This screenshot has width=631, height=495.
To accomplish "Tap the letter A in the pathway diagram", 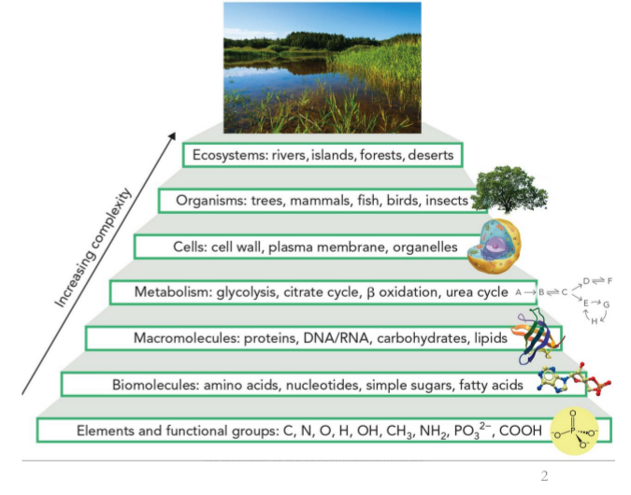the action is tap(518, 292).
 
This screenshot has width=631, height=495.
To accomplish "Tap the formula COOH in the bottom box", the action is tap(524, 431).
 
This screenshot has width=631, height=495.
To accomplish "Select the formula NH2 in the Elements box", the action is tap(408, 431).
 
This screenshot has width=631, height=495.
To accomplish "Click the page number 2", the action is tap(544, 477).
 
